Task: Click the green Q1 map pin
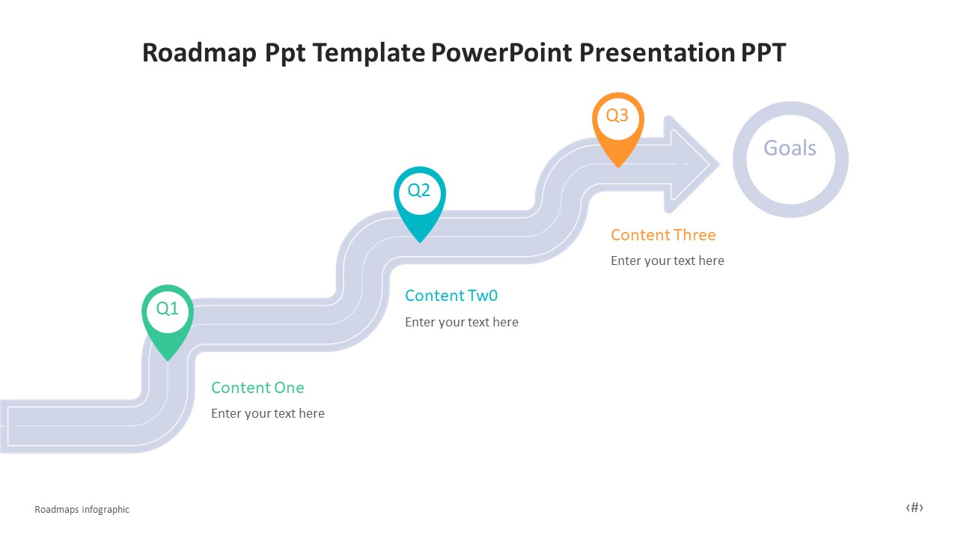coord(168,318)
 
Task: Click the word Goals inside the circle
coord(790,148)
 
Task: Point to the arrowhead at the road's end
coord(692,162)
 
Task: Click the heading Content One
coord(257,388)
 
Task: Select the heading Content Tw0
coord(451,296)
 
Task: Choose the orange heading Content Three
coord(663,235)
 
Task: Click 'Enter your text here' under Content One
coord(268,413)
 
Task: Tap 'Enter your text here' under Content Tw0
coord(462,322)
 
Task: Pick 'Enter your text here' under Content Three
coord(668,261)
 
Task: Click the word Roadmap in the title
coord(200,53)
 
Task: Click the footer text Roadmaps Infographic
coord(82,510)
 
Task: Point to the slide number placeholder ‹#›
coord(915,508)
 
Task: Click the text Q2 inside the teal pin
coord(419,190)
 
